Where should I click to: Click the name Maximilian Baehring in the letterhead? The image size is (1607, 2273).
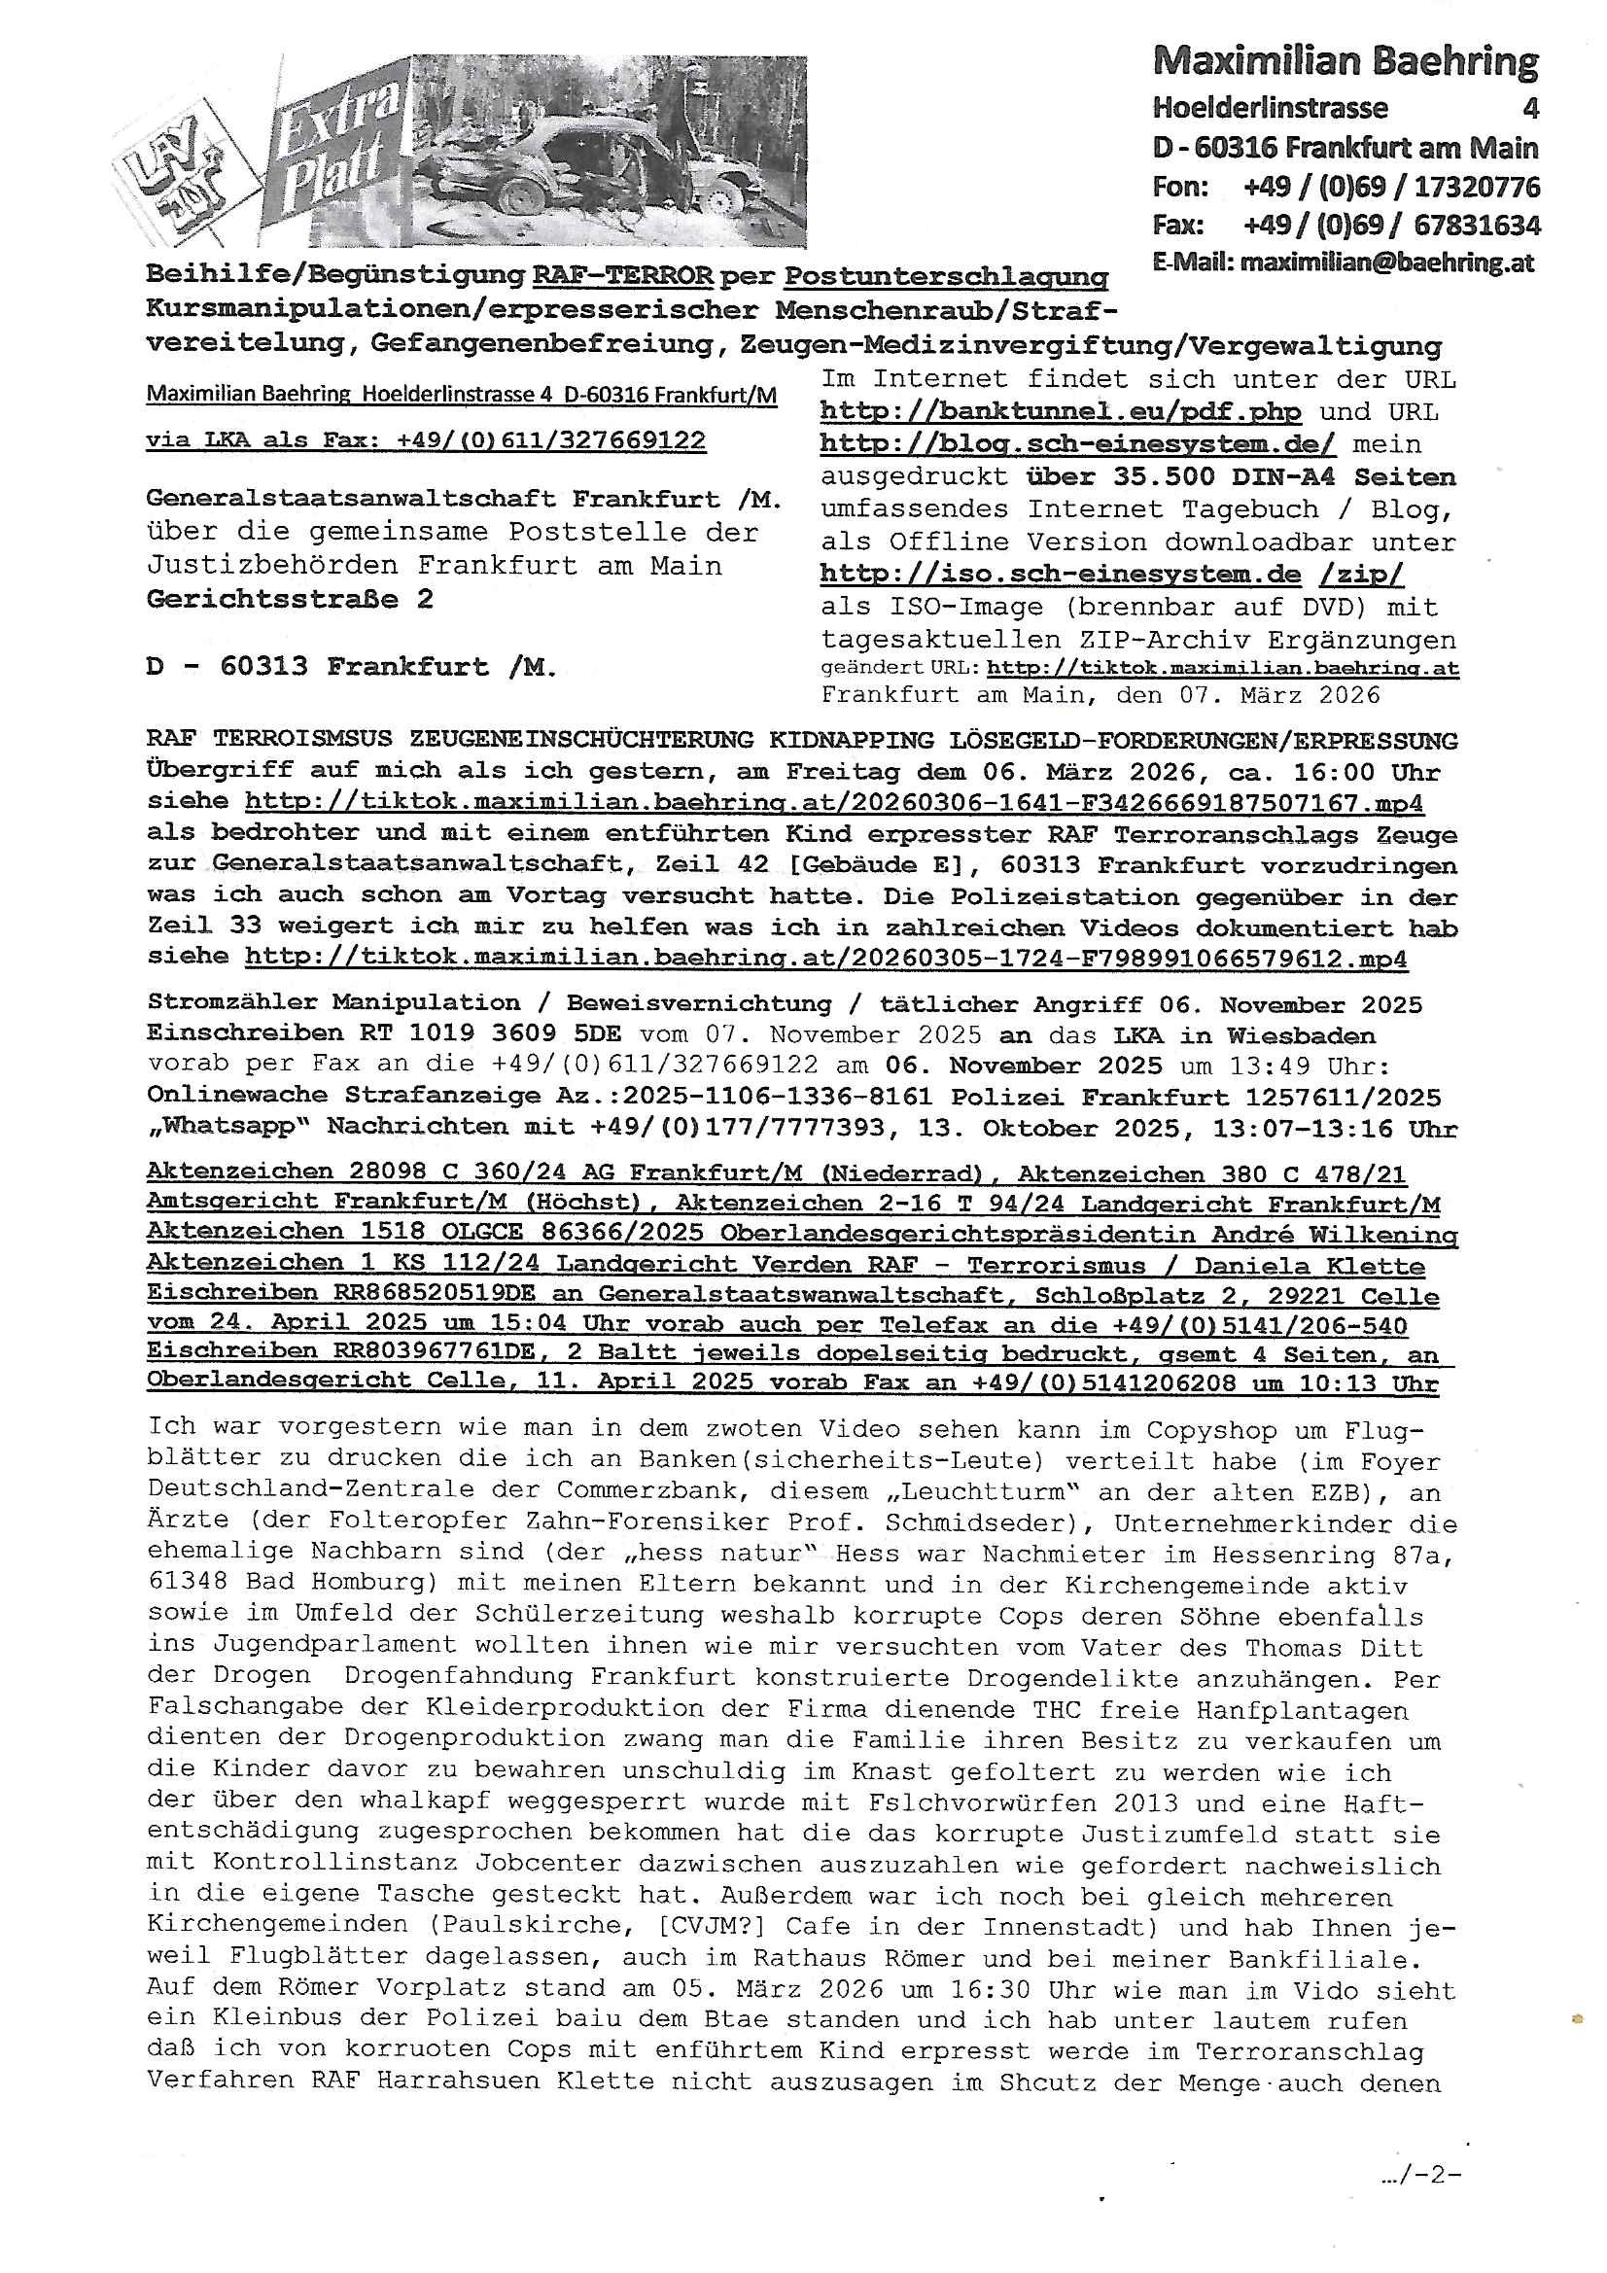tap(1345, 62)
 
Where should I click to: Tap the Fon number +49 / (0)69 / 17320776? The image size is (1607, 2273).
tap(1391, 187)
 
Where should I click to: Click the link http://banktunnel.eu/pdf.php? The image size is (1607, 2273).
tap(1060, 412)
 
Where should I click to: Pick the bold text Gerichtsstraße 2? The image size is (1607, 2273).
tap(289, 599)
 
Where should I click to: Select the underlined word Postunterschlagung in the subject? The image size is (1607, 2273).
tap(947, 276)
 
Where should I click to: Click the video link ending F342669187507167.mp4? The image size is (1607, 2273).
tap(835, 803)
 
